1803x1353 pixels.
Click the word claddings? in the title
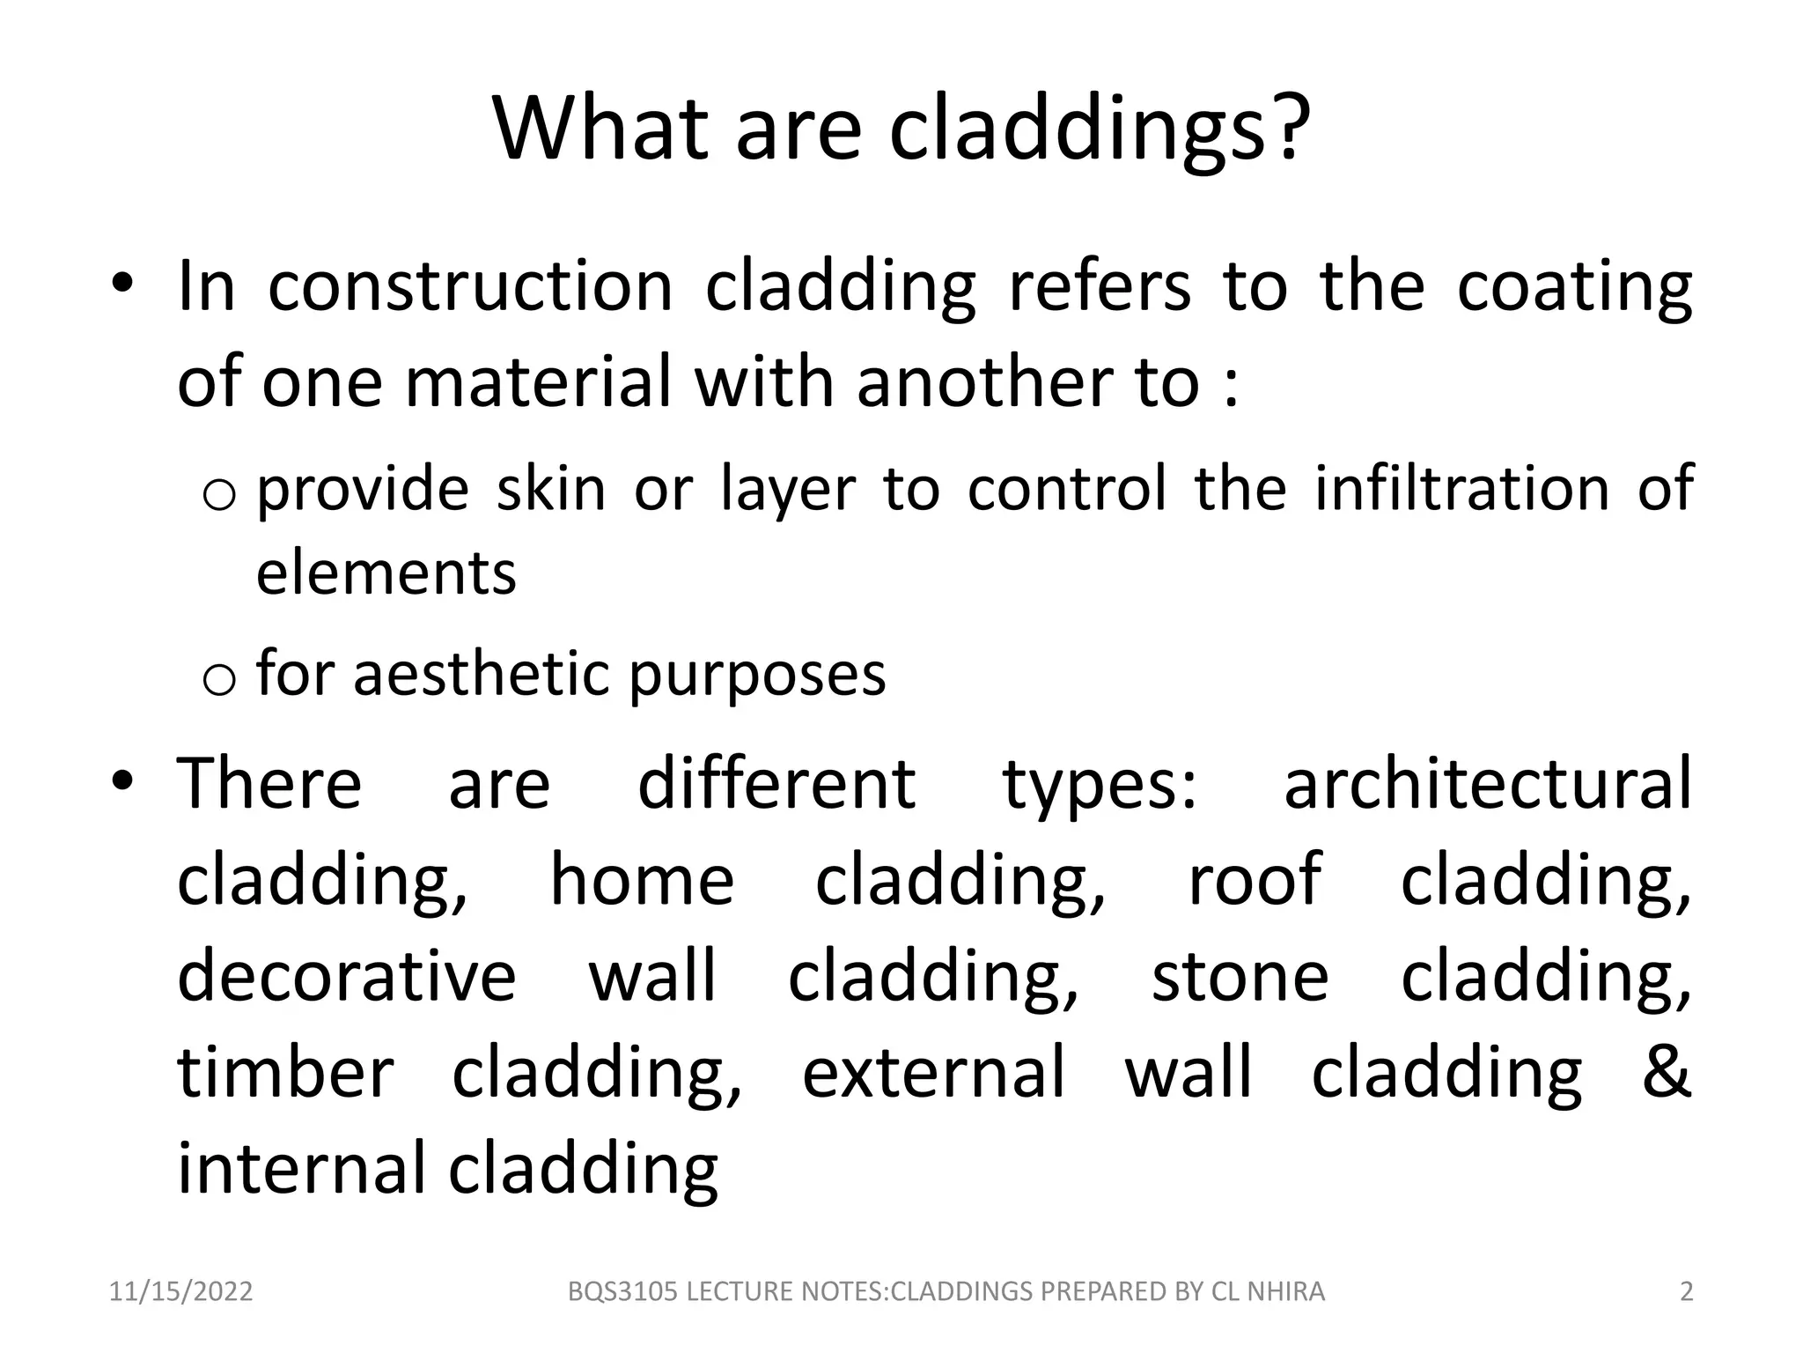tap(1100, 130)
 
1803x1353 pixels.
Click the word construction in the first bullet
tap(470, 287)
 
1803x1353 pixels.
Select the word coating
tap(1574, 287)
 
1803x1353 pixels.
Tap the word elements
tap(386, 573)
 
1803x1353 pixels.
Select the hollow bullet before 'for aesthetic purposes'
tap(218, 679)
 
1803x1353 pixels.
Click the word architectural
tap(1487, 784)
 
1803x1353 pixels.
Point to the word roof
tap(1254, 879)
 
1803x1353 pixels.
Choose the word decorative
tap(346, 976)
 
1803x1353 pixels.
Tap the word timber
tap(285, 1072)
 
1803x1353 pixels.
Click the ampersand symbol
tap(1667, 1072)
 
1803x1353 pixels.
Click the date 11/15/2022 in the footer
tap(180, 1292)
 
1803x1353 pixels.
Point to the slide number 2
tap(1686, 1292)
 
